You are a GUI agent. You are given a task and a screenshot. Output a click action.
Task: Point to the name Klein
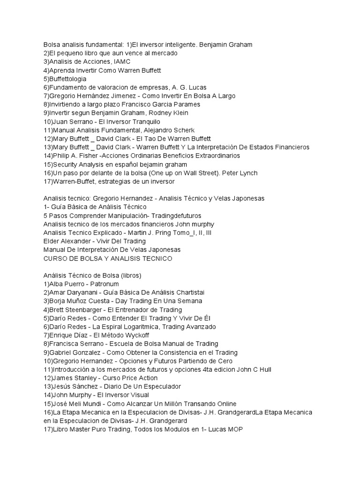pos(166,113)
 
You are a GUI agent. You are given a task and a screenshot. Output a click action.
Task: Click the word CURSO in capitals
pos(56,258)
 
